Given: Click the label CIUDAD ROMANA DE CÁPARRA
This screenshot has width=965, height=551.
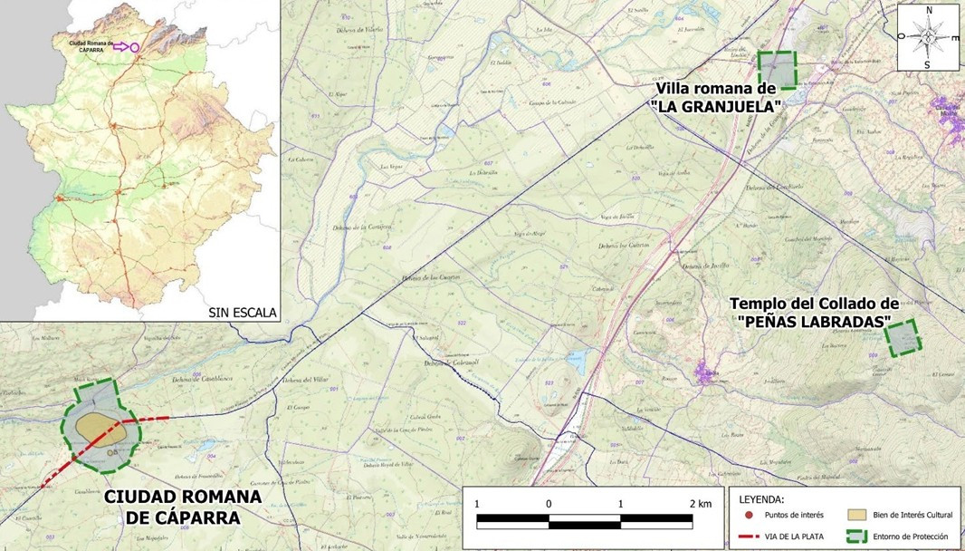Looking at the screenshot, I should (x=182, y=507).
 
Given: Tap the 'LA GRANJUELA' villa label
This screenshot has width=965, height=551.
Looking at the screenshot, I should (x=716, y=97).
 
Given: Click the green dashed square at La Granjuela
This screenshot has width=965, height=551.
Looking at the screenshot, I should (x=777, y=70).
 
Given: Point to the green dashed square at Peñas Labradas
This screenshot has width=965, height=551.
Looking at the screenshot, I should (x=902, y=338).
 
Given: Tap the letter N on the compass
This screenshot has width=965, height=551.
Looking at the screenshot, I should (x=928, y=11).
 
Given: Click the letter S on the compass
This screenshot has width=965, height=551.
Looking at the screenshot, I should (x=927, y=64).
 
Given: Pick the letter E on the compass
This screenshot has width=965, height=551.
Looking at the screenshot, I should (x=955, y=37).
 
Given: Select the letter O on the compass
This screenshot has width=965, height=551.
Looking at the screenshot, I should (x=901, y=37).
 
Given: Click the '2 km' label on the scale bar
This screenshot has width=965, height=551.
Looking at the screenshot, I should (x=698, y=503).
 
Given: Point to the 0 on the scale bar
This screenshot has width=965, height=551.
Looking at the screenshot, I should (x=549, y=503).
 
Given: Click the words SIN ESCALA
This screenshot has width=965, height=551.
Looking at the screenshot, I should (x=242, y=313).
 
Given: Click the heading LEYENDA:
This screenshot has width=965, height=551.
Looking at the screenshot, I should (x=764, y=499).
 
